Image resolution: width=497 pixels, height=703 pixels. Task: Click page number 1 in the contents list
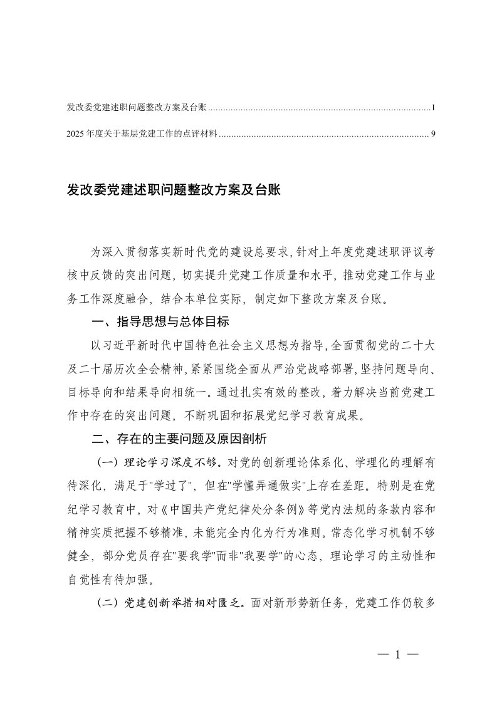[433, 108]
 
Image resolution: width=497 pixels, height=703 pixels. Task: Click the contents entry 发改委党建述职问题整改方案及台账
[136, 108]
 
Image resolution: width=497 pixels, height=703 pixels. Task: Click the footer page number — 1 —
[397, 655]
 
